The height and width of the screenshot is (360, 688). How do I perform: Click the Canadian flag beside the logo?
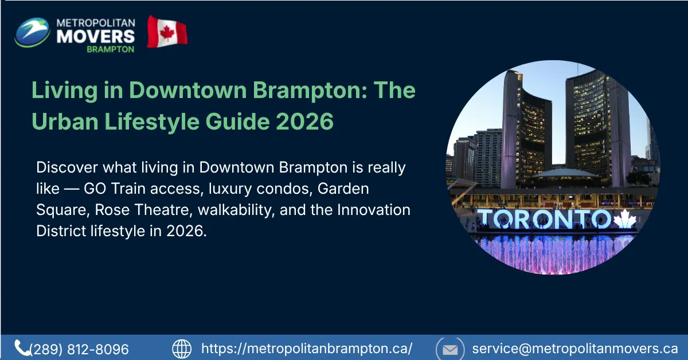click(167, 32)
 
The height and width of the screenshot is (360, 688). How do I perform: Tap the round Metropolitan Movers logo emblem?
click(33, 32)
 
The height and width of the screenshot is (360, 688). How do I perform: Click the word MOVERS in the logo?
click(96, 36)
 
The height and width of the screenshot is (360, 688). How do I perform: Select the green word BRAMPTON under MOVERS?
click(110, 49)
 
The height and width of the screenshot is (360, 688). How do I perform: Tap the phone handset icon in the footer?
click(22, 348)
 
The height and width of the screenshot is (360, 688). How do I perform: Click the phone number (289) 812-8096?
click(79, 349)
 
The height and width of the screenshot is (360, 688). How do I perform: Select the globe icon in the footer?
click(182, 349)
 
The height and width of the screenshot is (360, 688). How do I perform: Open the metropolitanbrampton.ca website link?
click(307, 349)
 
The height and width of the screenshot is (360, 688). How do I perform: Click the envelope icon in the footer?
click(450, 349)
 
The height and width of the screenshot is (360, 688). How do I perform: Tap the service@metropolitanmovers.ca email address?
click(575, 349)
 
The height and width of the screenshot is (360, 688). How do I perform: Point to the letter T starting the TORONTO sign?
click(486, 218)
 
